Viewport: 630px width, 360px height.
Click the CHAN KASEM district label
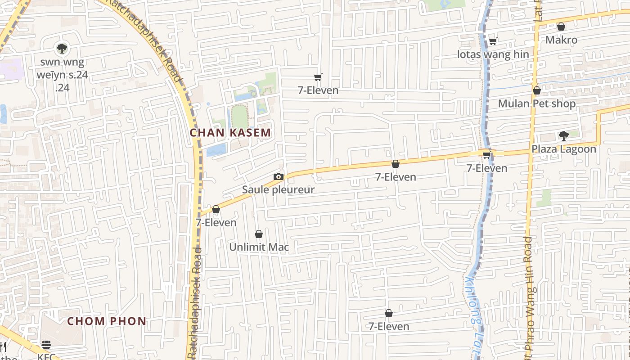(230, 133)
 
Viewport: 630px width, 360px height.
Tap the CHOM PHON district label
(107, 321)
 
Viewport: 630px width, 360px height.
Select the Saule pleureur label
(278, 189)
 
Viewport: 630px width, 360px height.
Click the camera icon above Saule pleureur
(278, 176)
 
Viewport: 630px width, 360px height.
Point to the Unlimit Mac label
(259, 247)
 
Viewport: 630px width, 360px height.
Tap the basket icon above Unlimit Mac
(259, 234)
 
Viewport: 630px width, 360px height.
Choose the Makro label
(561, 40)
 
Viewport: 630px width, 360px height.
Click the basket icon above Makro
(561, 27)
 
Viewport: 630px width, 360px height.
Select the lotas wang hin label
(493, 54)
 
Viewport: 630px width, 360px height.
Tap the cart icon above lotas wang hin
(493, 41)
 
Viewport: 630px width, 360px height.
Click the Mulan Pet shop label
(536, 103)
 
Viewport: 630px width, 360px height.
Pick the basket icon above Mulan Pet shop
(536, 91)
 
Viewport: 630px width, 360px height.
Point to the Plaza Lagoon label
(564, 149)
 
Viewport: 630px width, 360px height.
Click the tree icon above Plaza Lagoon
(563, 135)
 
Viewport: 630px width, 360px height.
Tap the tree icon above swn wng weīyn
(62, 48)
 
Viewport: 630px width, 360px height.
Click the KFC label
(46, 356)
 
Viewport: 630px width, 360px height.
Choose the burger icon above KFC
(46, 345)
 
